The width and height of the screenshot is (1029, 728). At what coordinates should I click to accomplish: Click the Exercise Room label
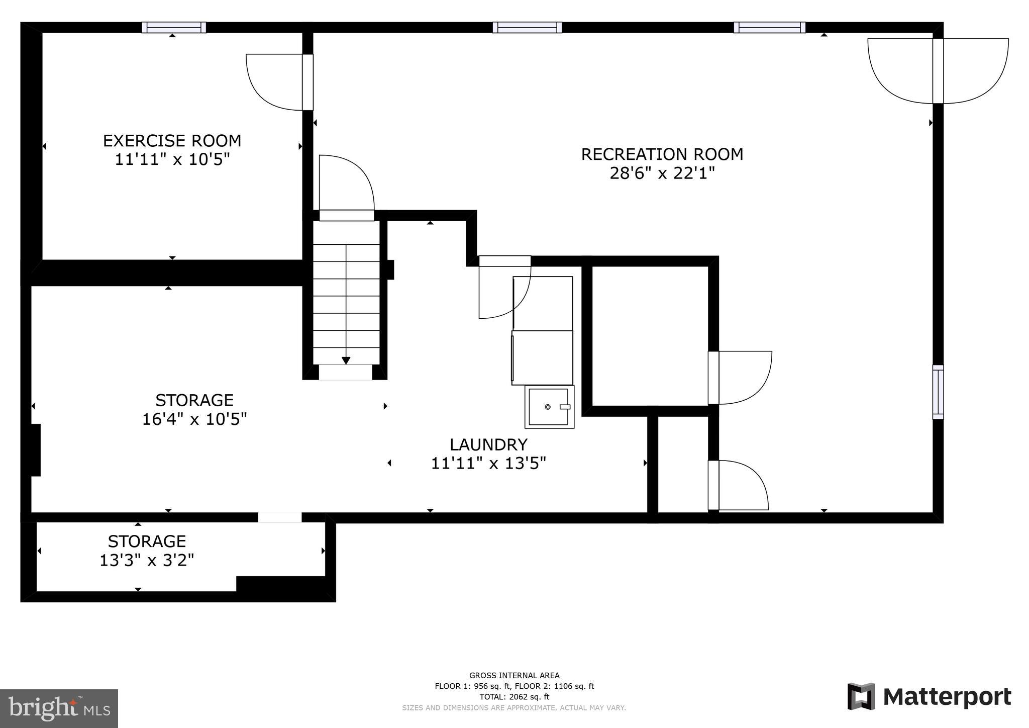(172, 140)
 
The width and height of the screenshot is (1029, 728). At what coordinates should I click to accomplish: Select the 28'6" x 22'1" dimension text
(662, 173)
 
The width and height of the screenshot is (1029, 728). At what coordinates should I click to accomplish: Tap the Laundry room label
(488, 444)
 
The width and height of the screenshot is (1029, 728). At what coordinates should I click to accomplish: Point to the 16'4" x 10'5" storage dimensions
(194, 419)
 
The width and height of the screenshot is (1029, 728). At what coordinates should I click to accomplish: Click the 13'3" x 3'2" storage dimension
(147, 560)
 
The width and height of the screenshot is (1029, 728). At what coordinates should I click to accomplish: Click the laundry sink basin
(549, 407)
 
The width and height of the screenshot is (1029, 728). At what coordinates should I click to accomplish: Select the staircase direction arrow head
(346, 360)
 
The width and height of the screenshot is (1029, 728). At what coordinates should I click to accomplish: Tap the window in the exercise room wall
(174, 27)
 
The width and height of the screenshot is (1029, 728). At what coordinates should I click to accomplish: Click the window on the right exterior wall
(938, 392)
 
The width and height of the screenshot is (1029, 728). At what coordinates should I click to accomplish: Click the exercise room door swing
(274, 82)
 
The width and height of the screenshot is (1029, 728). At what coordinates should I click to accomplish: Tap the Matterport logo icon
(861, 697)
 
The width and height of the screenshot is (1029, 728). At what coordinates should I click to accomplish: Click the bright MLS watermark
(59, 708)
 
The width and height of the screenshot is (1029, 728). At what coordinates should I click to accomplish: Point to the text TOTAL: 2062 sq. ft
(514, 697)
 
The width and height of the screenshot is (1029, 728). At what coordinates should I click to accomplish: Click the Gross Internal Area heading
(514, 675)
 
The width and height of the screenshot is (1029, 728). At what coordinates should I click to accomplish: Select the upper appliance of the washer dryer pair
(543, 303)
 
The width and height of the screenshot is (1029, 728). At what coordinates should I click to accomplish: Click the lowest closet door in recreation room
(739, 485)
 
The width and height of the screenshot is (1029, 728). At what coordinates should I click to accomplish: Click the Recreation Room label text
(662, 154)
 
